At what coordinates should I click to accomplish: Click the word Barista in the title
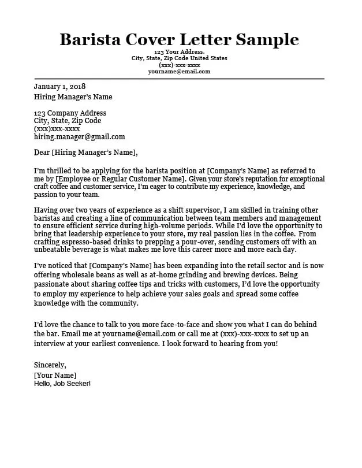pyautogui.click(x=94, y=39)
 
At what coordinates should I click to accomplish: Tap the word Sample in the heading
pyautogui.click(x=265, y=39)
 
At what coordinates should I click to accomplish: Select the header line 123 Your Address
pyautogui.click(x=179, y=52)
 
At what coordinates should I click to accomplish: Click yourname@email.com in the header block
pyautogui.click(x=179, y=72)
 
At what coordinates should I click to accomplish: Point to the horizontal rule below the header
pyautogui.click(x=179, y=79)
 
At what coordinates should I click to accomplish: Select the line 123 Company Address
pyautogui.click(x=70, y=113)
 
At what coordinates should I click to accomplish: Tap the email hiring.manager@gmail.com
pyautogui.click(x=79, y=137)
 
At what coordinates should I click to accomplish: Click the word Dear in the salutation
pyautogui.click(x=42, y=153)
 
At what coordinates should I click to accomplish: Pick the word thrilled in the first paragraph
pyautogui.click(x=62, y=171)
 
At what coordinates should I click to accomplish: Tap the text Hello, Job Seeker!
pyautogui.click(x=62, y=384)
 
